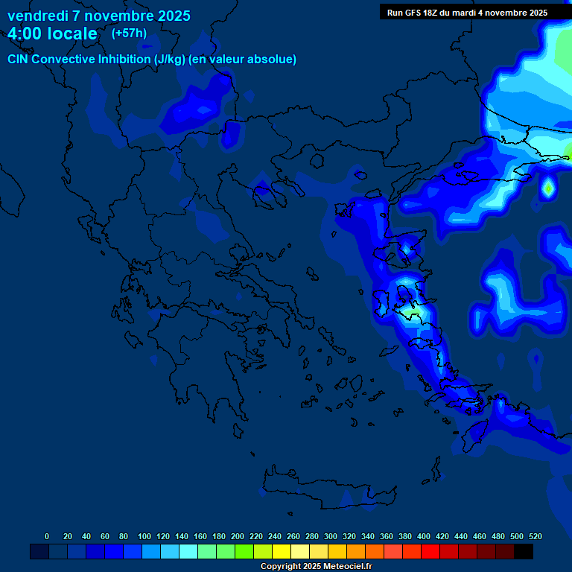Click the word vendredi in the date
(37, 16)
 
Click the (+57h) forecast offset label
(129, 34)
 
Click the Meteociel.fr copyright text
(343, 567)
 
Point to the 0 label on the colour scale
(47, 536)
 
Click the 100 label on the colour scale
(144, 536)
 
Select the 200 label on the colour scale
(238, 536)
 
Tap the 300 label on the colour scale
(331, 536)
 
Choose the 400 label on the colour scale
(424, 536)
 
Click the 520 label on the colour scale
(535, 536)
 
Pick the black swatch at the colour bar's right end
(524, 552)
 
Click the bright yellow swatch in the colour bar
(282, 552)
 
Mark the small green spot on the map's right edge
(548, 189)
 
